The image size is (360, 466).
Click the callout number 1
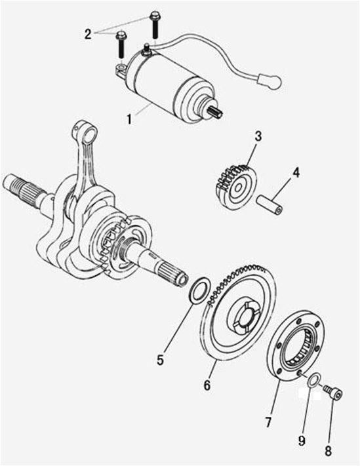point(129,119)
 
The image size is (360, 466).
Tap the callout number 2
point(88,35)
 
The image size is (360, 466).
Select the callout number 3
point(258,136)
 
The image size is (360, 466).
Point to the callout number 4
point(296,173)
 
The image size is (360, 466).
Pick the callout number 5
point(161,360)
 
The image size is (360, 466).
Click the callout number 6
point(207,385)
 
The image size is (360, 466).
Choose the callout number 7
point(268,422)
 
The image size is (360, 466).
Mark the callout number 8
point(328,451)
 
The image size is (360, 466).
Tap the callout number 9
point(302,440)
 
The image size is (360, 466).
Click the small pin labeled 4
point(270,204)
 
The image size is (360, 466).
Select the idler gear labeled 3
point(235,187)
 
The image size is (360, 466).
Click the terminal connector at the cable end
point(270,81)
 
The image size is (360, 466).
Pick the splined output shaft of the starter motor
point(217,113)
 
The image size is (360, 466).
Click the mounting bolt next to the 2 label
point(121,44)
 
